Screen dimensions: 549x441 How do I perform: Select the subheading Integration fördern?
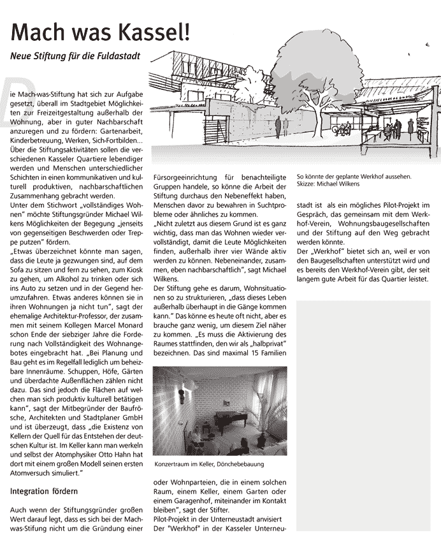point(44,492)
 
